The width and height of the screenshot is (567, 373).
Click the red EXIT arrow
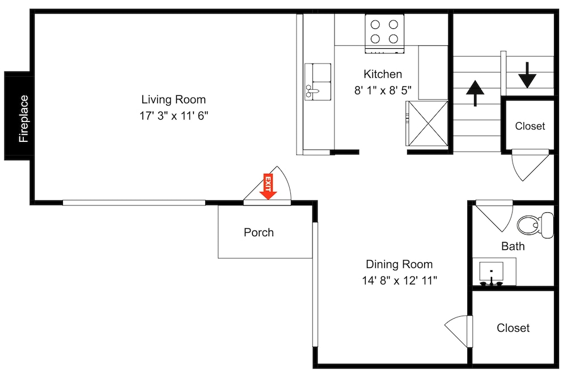268,186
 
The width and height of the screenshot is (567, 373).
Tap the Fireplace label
23,119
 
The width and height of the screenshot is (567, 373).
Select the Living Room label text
174,99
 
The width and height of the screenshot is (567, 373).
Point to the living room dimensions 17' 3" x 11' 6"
174,116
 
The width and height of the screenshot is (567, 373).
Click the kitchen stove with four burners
384,33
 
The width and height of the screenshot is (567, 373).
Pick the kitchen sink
318,82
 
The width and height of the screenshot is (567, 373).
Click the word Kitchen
383,74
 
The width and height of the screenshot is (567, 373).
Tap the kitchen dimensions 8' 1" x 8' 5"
383,90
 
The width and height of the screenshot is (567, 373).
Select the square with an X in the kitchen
427,124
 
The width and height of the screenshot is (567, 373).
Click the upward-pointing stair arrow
475,93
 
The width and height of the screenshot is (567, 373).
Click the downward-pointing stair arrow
527,75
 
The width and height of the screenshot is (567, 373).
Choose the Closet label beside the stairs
530,126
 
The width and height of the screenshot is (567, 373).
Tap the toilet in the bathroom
536,225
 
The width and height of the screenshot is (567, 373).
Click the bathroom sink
491,273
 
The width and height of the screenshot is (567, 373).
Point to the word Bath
513,246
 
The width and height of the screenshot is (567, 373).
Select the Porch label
259,232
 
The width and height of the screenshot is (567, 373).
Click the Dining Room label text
399,264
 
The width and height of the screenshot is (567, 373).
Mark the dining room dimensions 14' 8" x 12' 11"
400,280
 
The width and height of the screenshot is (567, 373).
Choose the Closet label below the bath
513,328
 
